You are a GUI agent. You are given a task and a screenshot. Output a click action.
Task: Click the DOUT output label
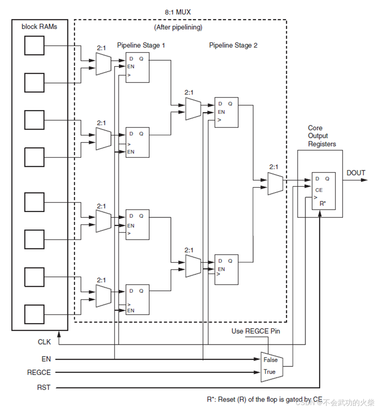(x=356, y=173)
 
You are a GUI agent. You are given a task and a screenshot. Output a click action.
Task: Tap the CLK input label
(x=44, y=342)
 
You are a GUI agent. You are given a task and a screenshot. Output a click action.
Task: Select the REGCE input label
(x=39, y=372)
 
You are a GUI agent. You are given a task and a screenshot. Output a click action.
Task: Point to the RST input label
(x=44, y=387)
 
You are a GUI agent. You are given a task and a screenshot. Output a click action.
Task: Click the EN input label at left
(x=46, y=359)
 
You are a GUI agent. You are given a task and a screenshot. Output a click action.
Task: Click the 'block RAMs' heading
(x=39, y=27)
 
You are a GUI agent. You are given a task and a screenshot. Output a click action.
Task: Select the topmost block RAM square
(x=34, y=46)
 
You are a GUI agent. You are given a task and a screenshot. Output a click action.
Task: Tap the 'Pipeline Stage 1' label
(x=141, y=45)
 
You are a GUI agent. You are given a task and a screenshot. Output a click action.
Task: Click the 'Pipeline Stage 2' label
(x=233, y=45)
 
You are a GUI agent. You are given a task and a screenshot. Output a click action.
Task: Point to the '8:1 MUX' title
(x=179, y=12)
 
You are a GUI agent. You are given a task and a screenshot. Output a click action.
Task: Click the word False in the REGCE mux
(x=270, y=360)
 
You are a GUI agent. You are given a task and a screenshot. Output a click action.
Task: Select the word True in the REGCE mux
(x=269, y=372)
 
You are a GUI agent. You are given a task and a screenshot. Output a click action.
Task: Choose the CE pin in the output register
(x=319, y=190)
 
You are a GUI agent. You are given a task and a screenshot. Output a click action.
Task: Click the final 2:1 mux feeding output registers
(x=275, y=183)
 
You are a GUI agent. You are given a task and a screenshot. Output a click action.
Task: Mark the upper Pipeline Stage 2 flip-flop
(x=226, y=112)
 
